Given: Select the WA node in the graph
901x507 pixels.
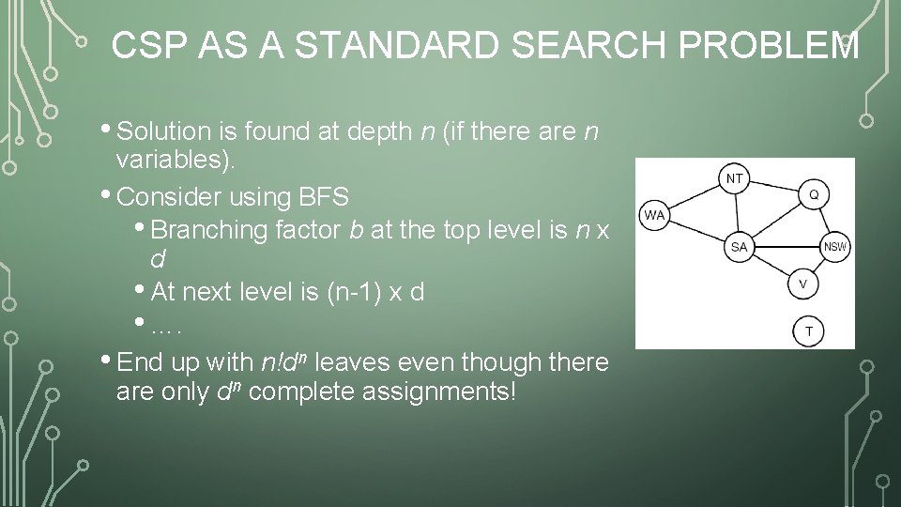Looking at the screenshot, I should (654, 215).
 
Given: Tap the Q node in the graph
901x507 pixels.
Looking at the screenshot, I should (813, 194).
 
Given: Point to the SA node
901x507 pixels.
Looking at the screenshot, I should (739, 247).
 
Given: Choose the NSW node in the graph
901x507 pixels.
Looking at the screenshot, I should (834, 247).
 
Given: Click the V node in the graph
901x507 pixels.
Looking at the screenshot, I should (802, 283).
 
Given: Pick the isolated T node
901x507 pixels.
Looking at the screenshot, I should (809, 330).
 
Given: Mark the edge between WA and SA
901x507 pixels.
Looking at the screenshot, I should (695, 230).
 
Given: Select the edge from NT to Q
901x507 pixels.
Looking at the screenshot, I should (775, 187).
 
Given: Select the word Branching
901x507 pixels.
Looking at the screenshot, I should (208, 230).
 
